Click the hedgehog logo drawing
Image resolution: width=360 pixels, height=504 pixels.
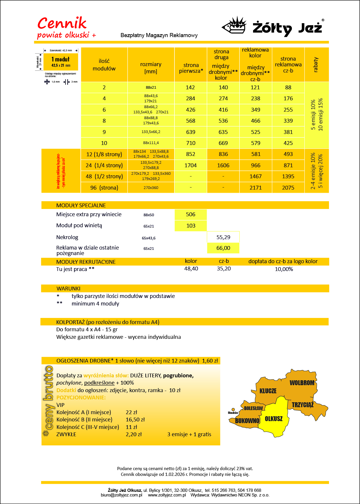click(x=234, y=25)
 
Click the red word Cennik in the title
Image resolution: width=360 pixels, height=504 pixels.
click(x=62, y=23)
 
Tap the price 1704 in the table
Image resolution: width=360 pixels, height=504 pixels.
click(x=190, y=165)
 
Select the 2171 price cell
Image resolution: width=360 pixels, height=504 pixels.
click(x=256, y=188)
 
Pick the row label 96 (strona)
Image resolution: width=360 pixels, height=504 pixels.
click(x=104, y=188)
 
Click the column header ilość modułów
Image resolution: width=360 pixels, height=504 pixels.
click(x=104, y=65)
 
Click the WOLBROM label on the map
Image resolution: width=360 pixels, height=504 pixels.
click(x=302, y=383)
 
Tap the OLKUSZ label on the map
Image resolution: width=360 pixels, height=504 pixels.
click(x=273, y=419)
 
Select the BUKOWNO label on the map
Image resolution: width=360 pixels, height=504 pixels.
click(x=247, y=421)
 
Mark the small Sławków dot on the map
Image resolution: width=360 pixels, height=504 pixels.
click(x=233, y=410)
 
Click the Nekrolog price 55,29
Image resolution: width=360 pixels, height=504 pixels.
click(x=223, y=237)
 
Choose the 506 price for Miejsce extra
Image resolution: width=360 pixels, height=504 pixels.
click(x=190, y=214)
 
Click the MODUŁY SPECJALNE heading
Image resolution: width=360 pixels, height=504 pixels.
click(x=81, y=205)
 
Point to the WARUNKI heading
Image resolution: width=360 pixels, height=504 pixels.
click(x=68, y=289)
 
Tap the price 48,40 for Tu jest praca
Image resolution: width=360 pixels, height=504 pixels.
click(x=191, y=269)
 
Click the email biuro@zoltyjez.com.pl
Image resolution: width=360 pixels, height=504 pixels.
click(x=121, y=495)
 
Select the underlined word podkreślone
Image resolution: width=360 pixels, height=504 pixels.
click(x=99, y=383)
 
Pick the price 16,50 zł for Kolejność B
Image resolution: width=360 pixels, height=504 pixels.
click(x=135, y=420)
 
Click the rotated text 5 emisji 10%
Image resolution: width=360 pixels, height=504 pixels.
click(x=313, y=115)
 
